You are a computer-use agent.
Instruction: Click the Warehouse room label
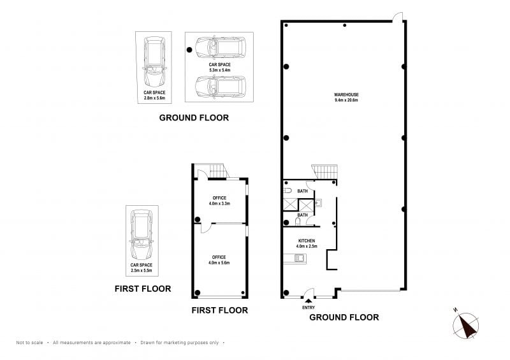point(346,97)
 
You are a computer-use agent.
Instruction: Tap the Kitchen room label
point(307,243)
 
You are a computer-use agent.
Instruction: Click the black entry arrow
point(309,301)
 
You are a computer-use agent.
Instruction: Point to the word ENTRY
point(309,308)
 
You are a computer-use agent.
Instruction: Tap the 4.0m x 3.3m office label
point(219,201)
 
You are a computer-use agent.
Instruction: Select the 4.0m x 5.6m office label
point(219,260)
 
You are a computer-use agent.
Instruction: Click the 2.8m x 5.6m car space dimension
point(154,98)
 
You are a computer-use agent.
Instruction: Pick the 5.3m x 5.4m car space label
point(219,68)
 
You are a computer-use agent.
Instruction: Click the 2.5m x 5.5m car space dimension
point(142,270)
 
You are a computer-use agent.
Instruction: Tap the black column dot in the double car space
point(189,50)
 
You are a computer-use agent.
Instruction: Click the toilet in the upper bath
point(288,191)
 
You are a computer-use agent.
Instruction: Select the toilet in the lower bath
point(298,222)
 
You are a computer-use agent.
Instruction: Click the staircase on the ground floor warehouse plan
point(324,171)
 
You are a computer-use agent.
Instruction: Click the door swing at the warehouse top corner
point(398,17)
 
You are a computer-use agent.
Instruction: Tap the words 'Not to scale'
point(29,342)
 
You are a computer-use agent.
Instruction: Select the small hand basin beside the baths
point(318,203)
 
